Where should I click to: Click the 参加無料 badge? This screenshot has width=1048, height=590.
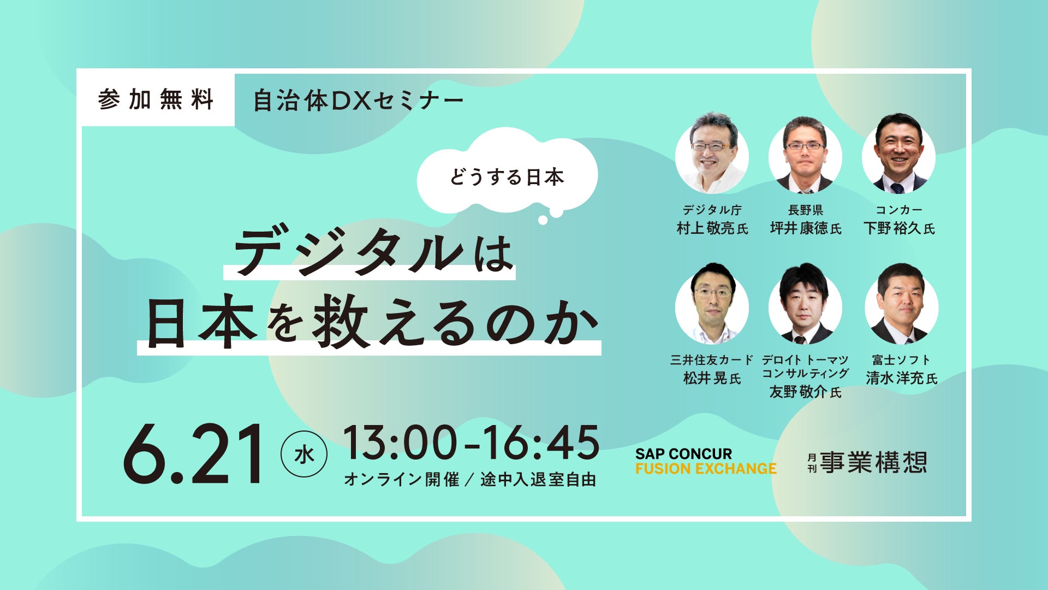(156, 99)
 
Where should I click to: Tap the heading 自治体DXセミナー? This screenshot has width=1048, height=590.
(359, 101)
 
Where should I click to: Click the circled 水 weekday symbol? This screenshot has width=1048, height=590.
(304, 455)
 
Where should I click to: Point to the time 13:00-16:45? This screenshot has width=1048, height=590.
(471, 442)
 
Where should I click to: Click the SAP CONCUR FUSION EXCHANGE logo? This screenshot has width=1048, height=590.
(705, 461)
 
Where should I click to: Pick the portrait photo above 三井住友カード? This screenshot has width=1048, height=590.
(712, 305)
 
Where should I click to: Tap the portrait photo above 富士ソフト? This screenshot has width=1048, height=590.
(902, 305)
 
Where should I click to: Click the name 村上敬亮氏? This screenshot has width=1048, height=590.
(712, 228)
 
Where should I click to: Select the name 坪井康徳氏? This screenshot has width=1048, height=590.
(806, 228)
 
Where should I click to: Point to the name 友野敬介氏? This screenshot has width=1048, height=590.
(805, 392)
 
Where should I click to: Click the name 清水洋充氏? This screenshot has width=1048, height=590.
(901, 378)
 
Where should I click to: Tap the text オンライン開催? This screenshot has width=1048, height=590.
(402, 480)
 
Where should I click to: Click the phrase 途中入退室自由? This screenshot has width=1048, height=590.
(538, 480)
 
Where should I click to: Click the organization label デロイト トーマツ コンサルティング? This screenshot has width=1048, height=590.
(805, 367)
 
